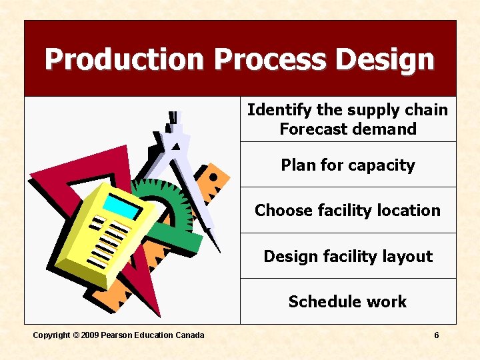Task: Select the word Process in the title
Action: click(x=271, y=59)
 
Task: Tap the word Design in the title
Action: click(x=385, y=59)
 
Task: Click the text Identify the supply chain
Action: click(x=347, y=110)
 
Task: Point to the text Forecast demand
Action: click(x=347, y=129)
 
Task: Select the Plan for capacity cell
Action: click(x=347, y=165)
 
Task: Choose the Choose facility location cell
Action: click(x=347, y=211)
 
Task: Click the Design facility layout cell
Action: click(x=347, y=257)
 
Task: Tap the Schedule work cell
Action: click(x=347, y=302)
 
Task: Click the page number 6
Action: click(x=437, y=335)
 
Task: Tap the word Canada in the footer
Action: click(x=189, y=335)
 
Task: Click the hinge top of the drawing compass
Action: click(x=175, y=123)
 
